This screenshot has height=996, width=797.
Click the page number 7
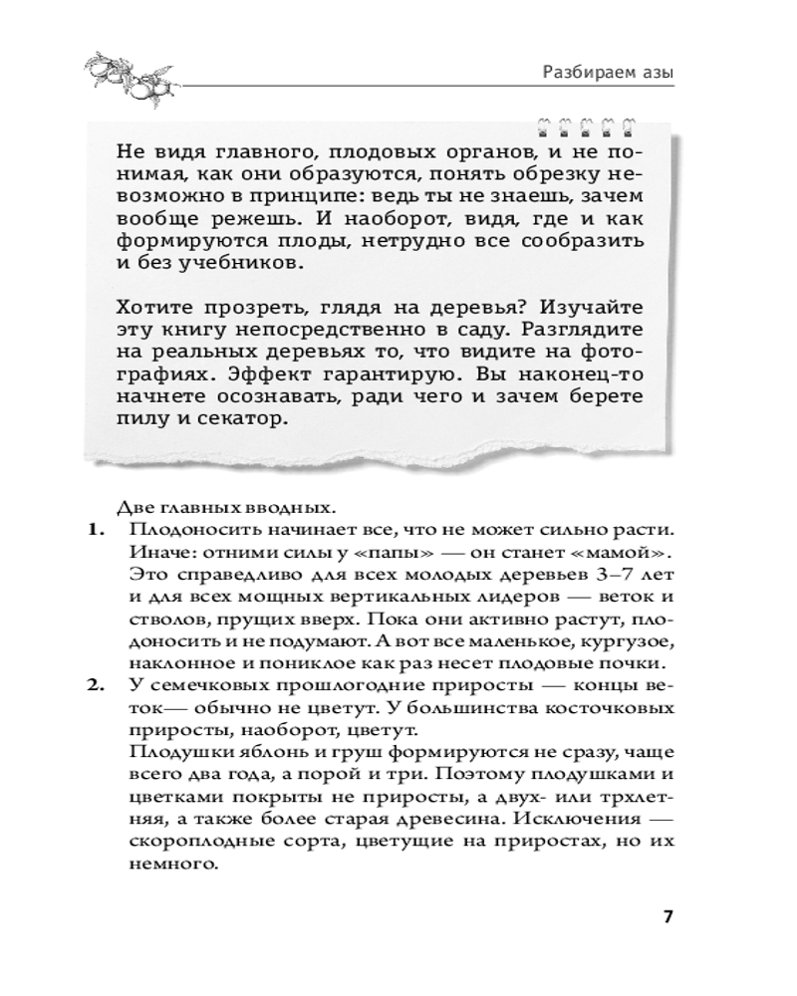coord(668,916)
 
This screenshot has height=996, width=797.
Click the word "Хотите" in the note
coord(153,308)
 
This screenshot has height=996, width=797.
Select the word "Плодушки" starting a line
coord(168,753)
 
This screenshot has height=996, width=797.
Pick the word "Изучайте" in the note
coord(609,308)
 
